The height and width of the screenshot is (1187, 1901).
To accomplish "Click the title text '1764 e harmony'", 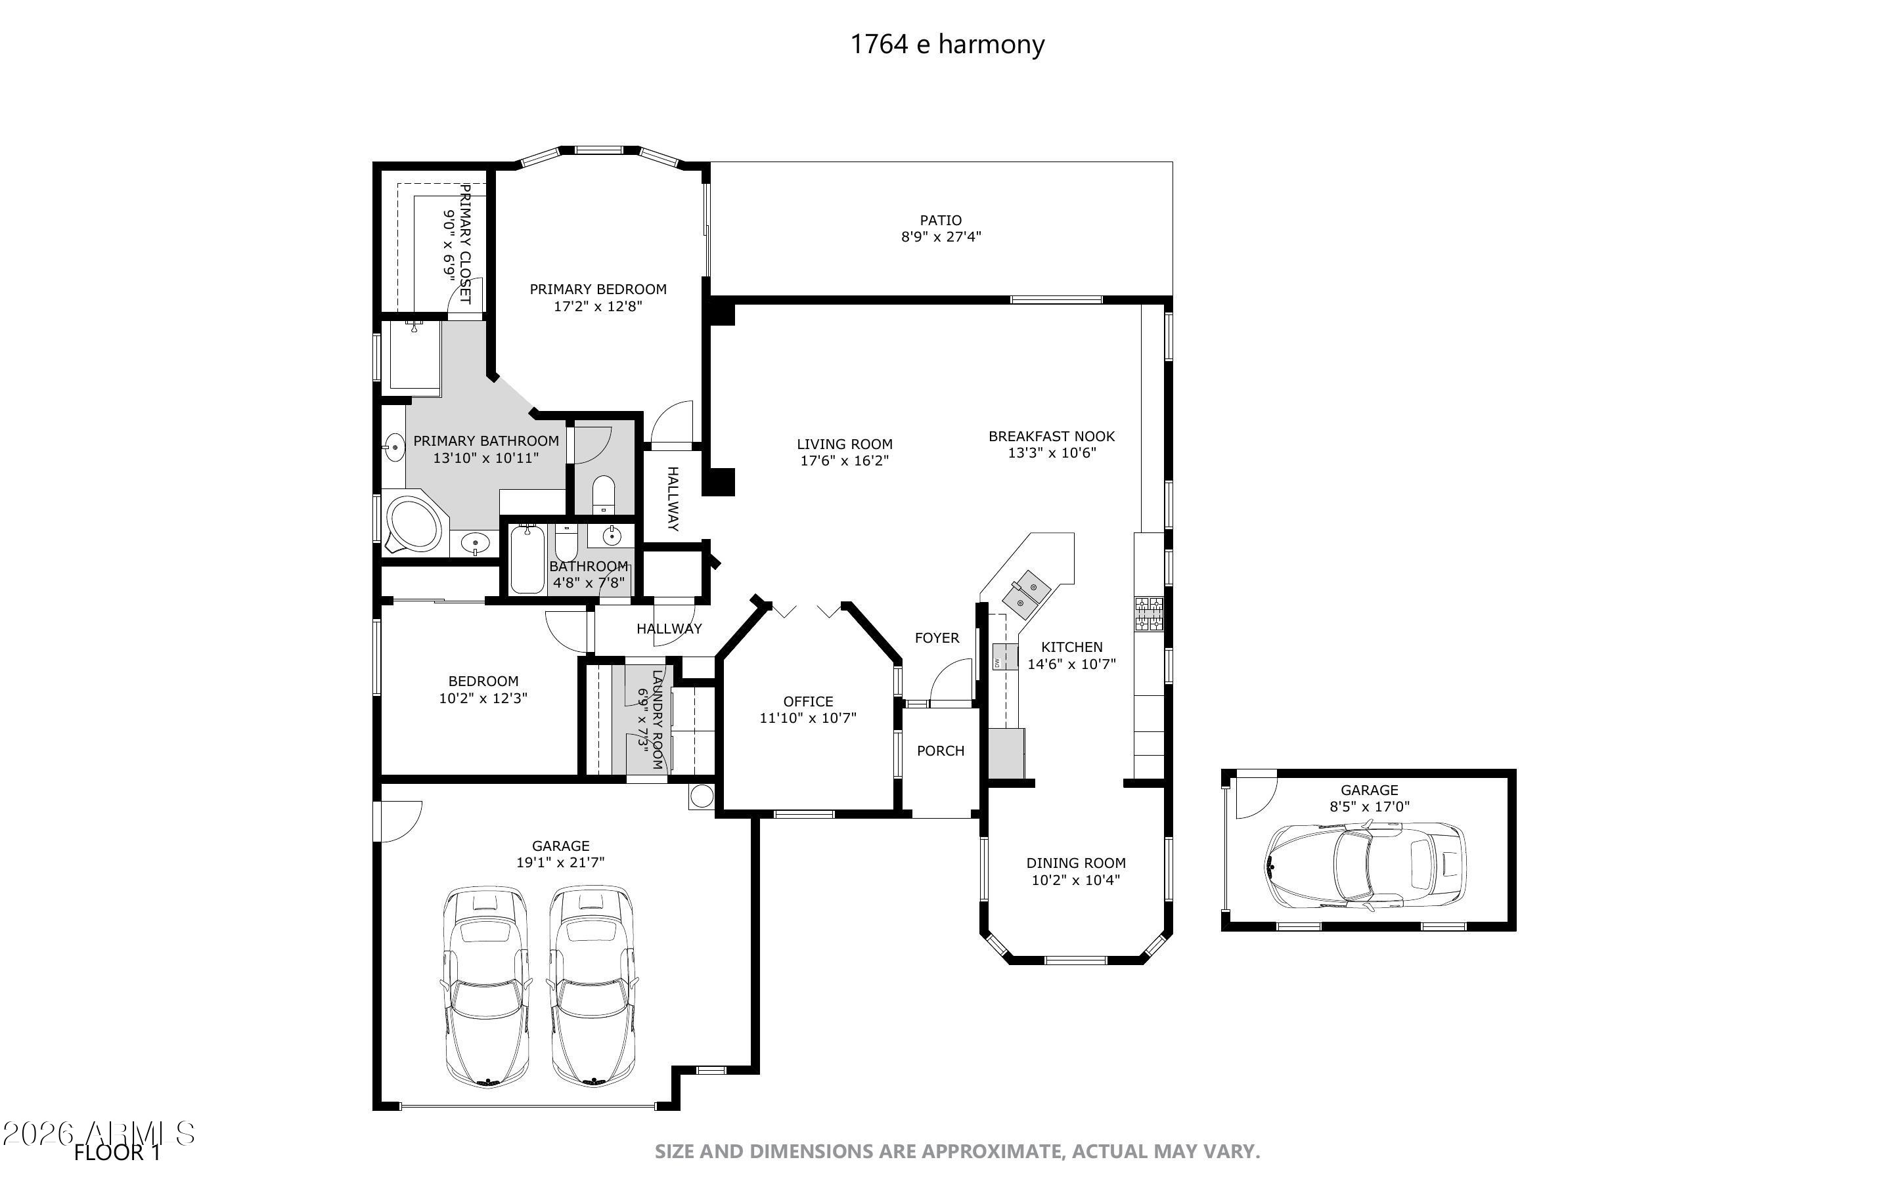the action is pos(947,45).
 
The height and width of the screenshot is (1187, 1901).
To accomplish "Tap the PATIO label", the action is pos(941,221).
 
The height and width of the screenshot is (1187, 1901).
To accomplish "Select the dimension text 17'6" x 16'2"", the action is pos(844,461).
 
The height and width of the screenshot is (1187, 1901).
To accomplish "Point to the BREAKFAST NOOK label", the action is pos(1052,436).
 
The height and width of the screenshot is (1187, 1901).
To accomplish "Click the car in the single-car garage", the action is pos(1366,866).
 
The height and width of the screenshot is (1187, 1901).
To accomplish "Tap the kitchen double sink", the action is pos(1029,593).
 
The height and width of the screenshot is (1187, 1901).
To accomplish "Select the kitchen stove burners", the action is pos(1148,613).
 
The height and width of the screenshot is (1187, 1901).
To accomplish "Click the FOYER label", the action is pos(937,638).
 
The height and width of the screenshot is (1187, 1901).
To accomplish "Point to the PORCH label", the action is pos(940,751).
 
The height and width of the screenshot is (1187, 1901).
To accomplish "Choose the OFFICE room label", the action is pos(808,702).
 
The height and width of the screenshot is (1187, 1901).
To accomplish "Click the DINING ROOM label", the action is pos(1076,863).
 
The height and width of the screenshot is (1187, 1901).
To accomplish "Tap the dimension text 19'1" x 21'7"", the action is pos(560,863).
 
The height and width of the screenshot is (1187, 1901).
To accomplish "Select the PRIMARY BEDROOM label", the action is pos(598,289).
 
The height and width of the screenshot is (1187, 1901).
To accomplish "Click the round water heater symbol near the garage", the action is pos(701,796).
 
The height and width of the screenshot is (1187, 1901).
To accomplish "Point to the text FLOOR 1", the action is pos(117,1152).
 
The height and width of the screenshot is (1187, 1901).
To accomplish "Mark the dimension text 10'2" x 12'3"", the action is pos(483,698).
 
